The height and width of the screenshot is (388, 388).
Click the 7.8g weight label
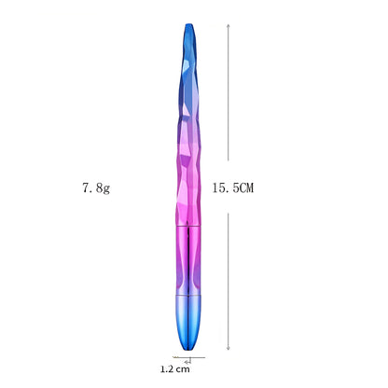point(96,188)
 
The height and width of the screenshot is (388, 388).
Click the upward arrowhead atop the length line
point(230,24)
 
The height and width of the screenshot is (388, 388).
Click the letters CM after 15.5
point(245,188)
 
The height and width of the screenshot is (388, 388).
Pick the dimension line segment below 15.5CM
point(230,280)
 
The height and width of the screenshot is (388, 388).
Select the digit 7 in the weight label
point(85,188)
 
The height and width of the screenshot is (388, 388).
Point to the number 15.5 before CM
point(224,188)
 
